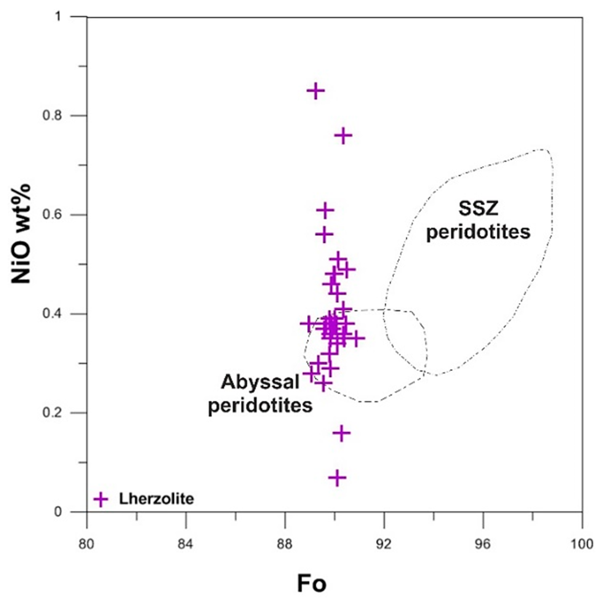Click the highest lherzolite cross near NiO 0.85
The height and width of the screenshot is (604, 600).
tap(315, 91)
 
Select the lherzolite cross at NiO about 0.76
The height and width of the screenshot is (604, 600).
tap(343, 135)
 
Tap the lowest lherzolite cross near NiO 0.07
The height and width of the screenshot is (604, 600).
tap(337, 478)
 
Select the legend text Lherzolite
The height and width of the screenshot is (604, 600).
tap(156, 499)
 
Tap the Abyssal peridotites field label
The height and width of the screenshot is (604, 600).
tap(260, 394)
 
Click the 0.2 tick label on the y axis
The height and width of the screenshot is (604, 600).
tap(51, 413)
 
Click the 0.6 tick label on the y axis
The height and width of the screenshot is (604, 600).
tap(51, 215)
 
